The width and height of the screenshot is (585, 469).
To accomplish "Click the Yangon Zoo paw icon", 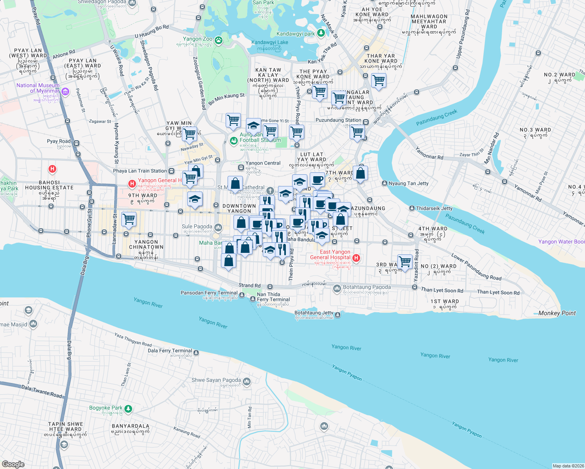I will coord(218,39).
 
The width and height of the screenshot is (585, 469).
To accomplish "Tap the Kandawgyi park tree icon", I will coord(321,33).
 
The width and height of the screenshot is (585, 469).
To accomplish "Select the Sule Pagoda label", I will coord(197,227).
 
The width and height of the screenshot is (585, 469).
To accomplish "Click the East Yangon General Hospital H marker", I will coord(356,258).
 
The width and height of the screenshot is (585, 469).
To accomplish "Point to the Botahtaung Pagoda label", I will coord(366,287).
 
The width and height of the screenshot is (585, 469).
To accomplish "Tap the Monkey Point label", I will coord(557,313).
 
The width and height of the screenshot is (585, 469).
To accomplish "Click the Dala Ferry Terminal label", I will coord(170,351).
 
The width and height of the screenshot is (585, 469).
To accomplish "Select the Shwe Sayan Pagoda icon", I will coord(246,381).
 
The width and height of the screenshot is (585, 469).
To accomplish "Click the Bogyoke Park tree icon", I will coord(128,409).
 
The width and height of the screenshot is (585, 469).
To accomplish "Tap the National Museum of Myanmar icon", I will coord(65,92).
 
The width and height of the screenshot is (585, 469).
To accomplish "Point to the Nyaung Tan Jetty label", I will coord(408,183).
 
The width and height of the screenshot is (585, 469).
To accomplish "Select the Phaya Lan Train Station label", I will coord(140,171).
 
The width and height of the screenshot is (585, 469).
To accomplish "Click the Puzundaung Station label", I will coord(338,120).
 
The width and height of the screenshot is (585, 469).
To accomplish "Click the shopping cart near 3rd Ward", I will coord(405,261).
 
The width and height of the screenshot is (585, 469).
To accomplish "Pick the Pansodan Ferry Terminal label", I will coord(209,293).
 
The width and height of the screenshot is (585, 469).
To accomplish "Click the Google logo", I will coord(13,464).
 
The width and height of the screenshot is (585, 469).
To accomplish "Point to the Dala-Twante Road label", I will coord(41,391).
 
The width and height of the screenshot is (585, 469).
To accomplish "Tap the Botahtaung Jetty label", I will coord(314,313).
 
